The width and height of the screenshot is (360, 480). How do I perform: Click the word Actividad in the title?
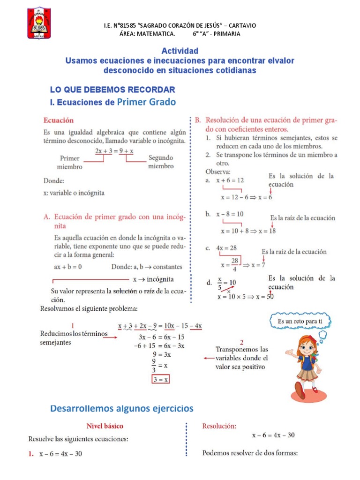[180, 51]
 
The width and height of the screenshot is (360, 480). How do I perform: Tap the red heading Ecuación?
[59, 120]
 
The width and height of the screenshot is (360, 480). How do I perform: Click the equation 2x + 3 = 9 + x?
[114, 151]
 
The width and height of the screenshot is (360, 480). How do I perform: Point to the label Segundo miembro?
[161, 162]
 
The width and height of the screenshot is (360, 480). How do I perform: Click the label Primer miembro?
[70, 163]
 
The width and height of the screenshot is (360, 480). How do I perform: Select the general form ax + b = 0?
[68, 267]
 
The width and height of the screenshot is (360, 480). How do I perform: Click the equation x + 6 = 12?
[230, 180]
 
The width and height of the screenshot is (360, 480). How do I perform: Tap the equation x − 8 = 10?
[230, 214]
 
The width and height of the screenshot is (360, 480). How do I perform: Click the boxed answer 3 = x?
[160, 380]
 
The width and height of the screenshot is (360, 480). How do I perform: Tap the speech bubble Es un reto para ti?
[300, 322]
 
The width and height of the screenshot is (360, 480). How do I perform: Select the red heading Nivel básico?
[105, 426]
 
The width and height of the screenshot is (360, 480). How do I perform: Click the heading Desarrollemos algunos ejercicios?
[121, 409]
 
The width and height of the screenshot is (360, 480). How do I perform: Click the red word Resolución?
[219, 426]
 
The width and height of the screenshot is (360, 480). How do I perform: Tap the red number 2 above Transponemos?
[241, 342]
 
